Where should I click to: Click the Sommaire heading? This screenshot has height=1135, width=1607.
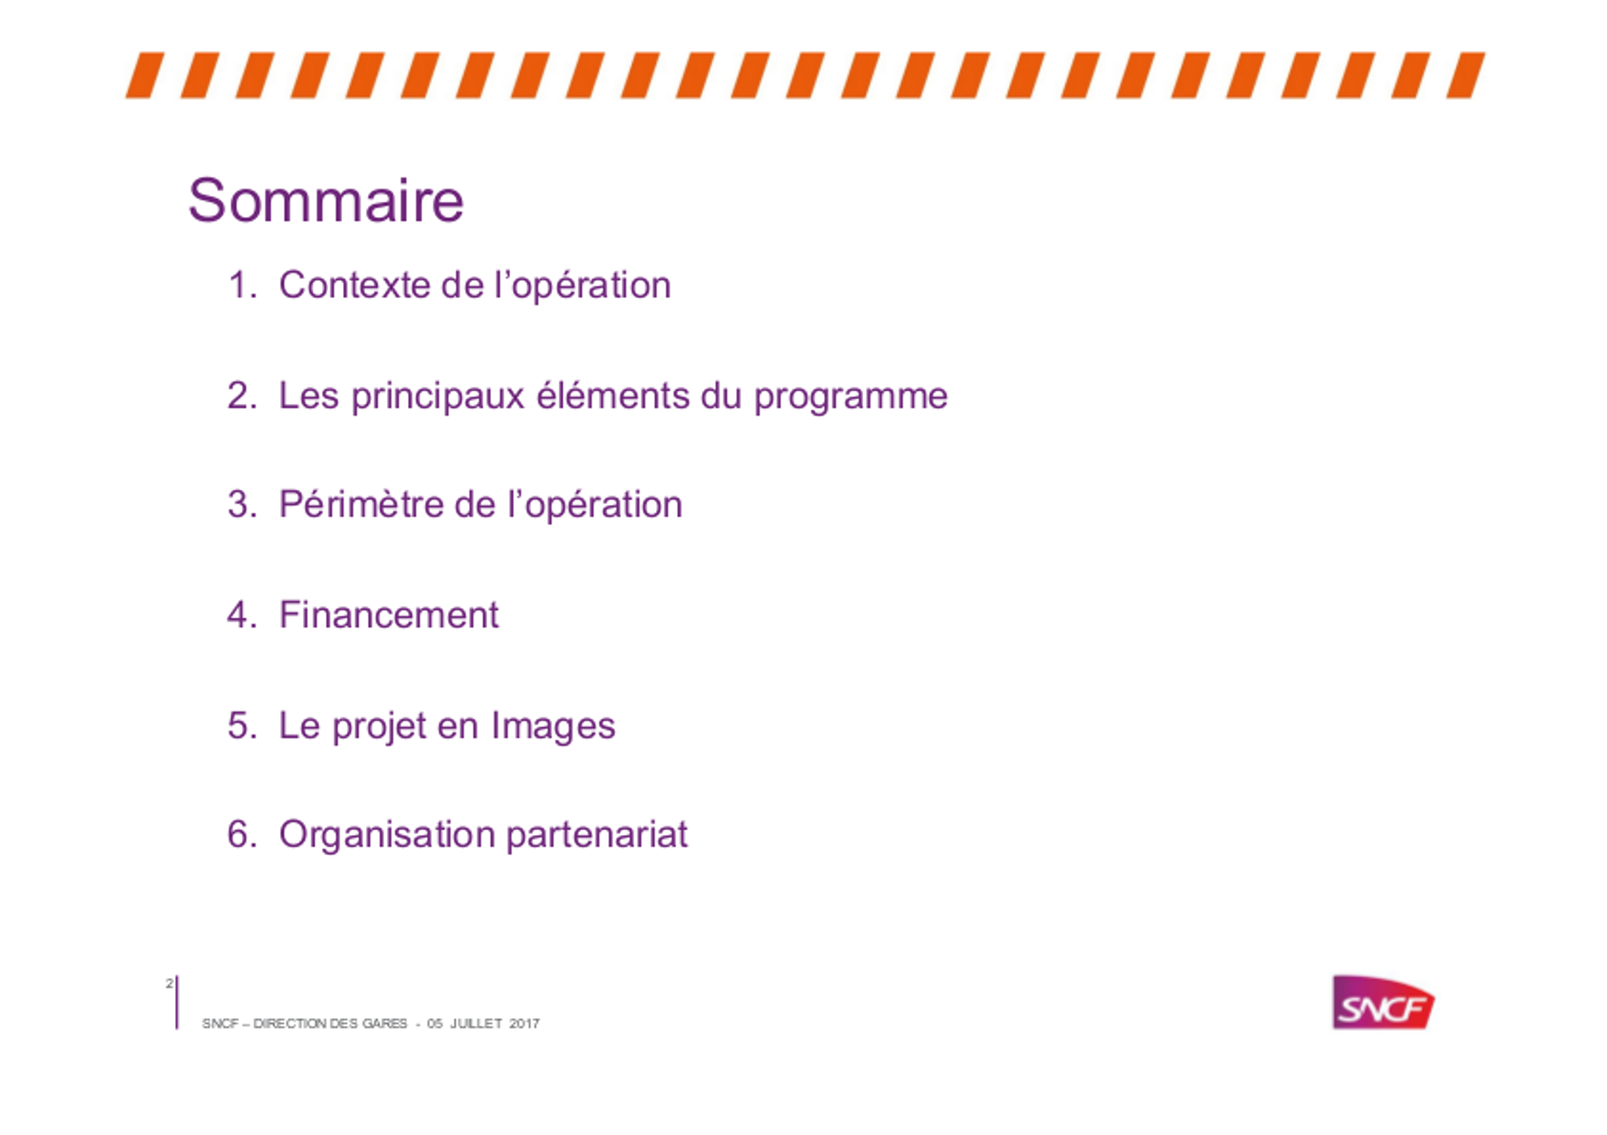(x=326, y=201)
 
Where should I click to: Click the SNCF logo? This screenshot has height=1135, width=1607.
(x=1383, y=1002)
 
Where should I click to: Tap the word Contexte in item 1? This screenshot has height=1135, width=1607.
(x=355, y=285)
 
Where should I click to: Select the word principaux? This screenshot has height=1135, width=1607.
(x=438, y=397)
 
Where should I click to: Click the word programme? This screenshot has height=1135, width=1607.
(x=851, y=397)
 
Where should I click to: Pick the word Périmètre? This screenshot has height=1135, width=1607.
(x=361, y=504)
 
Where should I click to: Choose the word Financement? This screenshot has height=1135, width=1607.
(x=389, y=614)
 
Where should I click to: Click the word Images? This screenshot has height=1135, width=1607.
(x=553, y=726)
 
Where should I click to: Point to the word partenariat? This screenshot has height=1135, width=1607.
(x=597, y=835)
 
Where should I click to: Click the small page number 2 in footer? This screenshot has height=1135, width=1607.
(x=169, y=983)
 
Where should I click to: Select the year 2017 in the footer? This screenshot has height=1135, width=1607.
(x=524, y=1024)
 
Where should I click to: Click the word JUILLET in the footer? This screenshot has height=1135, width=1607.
(x=476, y=1024)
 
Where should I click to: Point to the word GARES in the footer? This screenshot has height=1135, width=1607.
(x=384, y=1024)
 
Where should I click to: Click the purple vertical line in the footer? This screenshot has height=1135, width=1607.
(x=177, y=1002)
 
